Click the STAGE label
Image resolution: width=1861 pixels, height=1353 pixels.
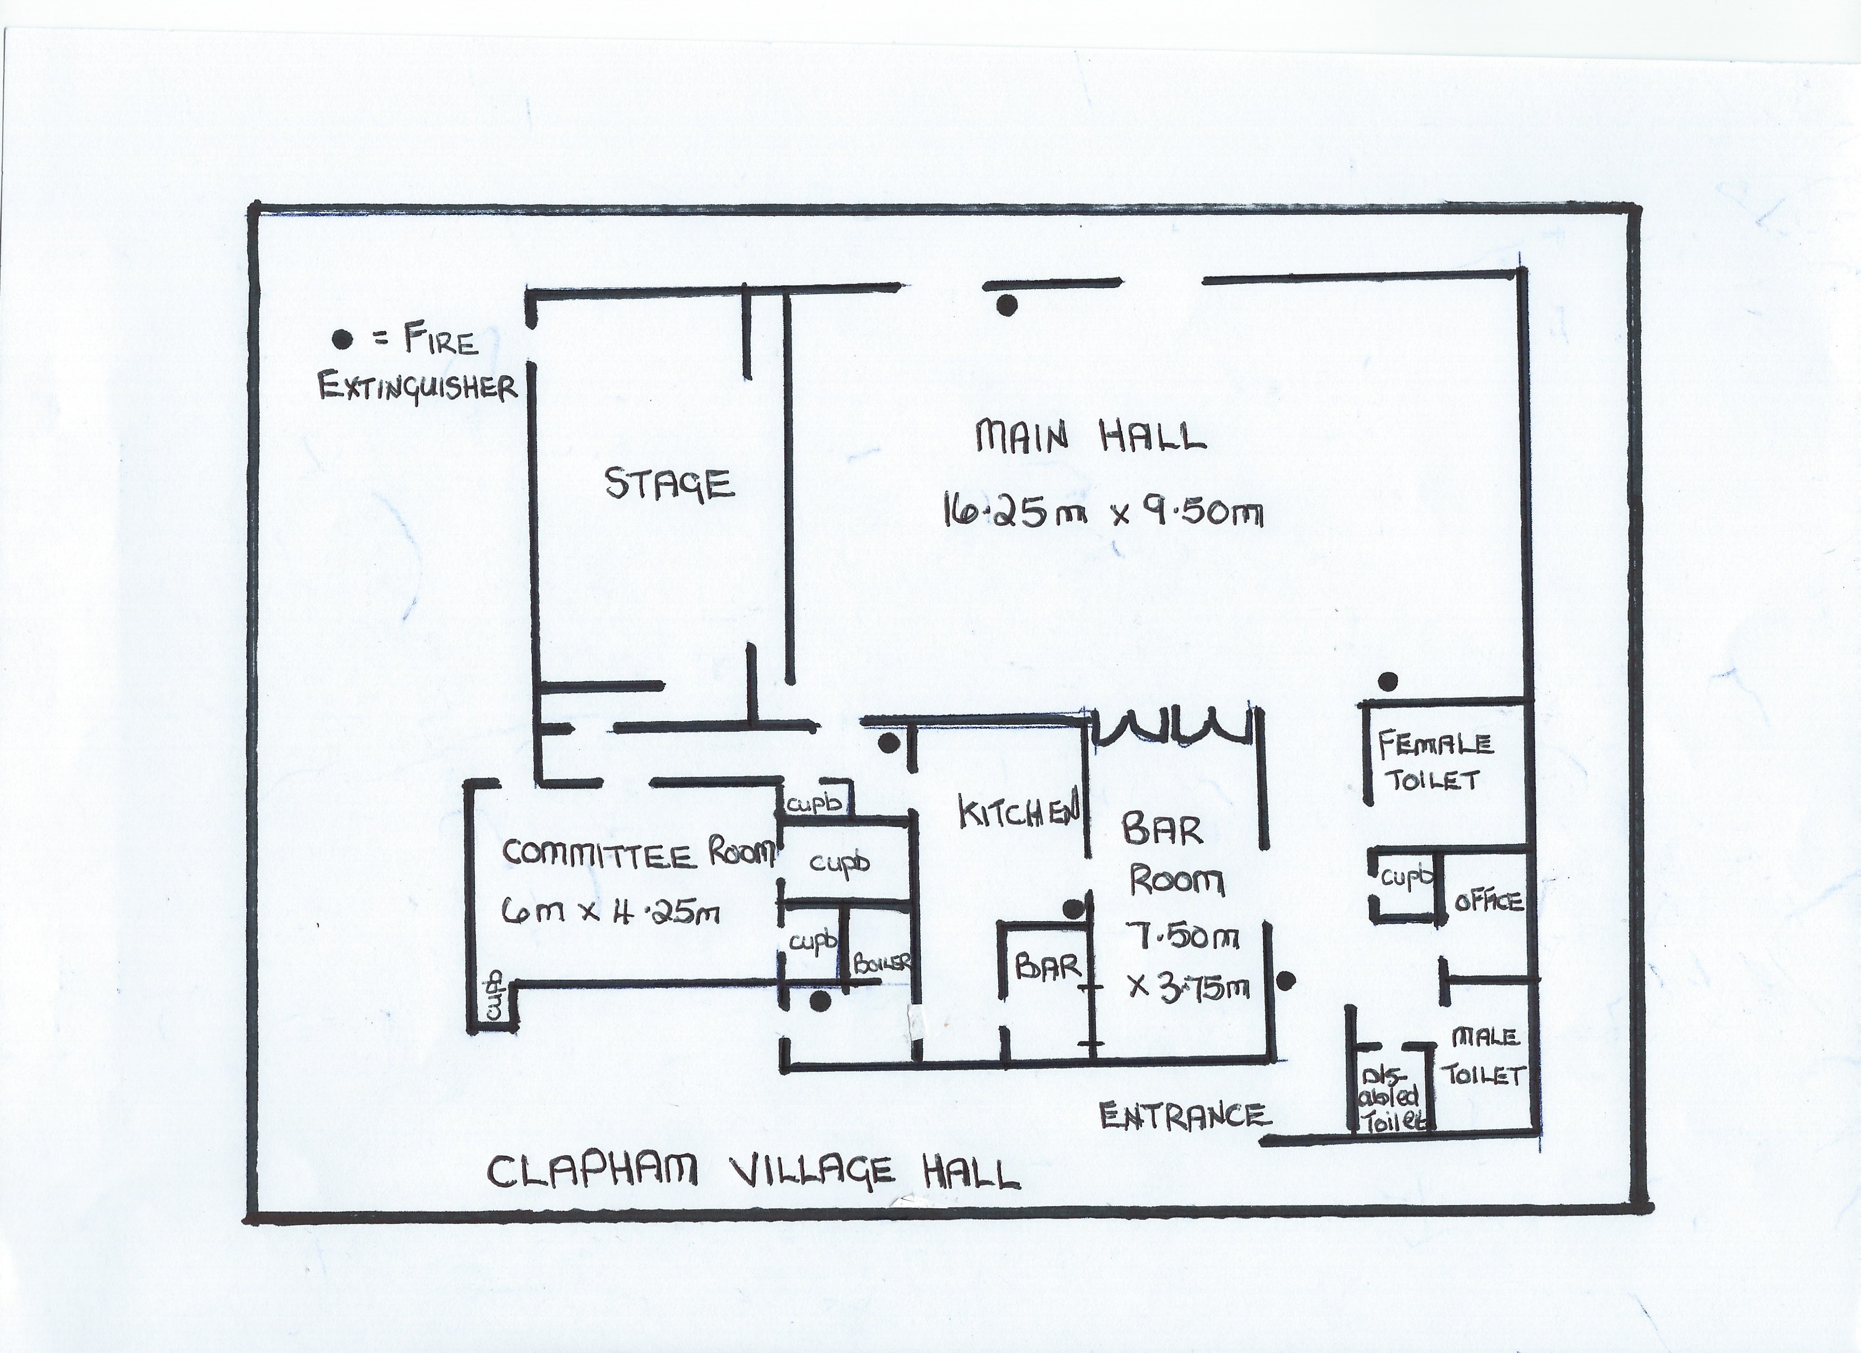pos(669,483)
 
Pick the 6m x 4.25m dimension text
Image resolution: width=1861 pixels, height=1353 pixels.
pos(610,910)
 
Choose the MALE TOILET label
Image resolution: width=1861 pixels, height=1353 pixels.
pos(1485,1057)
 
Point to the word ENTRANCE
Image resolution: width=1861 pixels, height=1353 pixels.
pos(1184,1115)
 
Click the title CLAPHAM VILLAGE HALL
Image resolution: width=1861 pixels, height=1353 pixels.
pos(754,1172)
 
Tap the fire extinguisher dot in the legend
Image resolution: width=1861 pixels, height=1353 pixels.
pos(342,339)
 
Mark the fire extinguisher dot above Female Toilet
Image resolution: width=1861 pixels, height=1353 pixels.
pos(1388,680)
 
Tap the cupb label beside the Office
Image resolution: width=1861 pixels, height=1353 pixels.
pos(1406,878)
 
